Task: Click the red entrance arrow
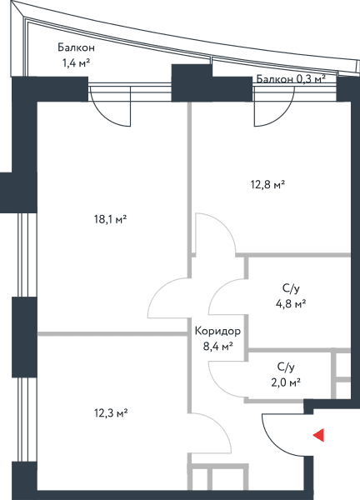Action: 319,435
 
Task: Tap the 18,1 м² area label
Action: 111,219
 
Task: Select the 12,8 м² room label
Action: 267,184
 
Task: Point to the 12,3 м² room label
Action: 111,413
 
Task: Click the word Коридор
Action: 217,332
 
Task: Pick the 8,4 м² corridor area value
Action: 217,347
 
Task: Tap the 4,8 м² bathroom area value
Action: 291,304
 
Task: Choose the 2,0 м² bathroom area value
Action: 286,382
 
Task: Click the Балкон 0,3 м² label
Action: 291,78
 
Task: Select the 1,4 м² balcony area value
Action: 76,62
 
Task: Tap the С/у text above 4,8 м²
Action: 291,289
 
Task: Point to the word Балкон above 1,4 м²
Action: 76,47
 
